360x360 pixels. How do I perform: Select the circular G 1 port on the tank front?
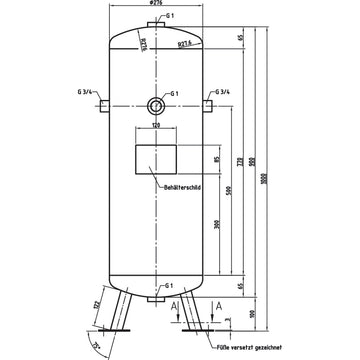point(153,104)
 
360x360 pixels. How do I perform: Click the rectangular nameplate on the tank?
point(153,161)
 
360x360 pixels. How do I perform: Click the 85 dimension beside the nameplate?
point(217,160)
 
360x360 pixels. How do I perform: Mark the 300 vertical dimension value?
point(217,225)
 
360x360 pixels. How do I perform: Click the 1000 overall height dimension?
point(267,165)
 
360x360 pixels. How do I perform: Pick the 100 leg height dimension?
point(251,313)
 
